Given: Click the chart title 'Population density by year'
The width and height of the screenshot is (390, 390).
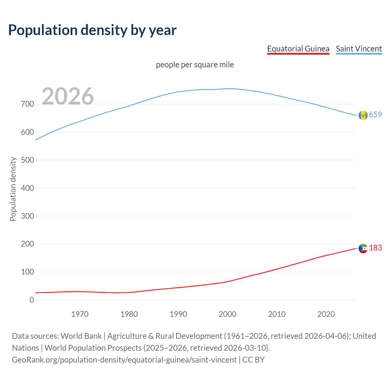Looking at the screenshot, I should click(x=92, y=30).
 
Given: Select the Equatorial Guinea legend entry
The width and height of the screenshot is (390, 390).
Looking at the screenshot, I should click(x=298, y=49).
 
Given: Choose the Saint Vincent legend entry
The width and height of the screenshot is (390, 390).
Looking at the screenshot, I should click(x=359, y=49).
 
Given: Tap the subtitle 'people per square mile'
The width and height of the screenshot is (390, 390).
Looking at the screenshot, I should click(x=195, y=65).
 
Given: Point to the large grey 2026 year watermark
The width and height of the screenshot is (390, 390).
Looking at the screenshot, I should click(x=68, y=96).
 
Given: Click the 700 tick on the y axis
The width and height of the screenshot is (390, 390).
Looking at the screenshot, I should click(x=27, y=104).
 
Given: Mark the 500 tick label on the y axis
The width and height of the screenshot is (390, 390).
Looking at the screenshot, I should click(x=27, y=160).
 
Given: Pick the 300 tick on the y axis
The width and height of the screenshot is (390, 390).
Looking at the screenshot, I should click(x=27, y=216).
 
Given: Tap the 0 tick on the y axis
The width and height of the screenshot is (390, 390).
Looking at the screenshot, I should click(x=32, y=300).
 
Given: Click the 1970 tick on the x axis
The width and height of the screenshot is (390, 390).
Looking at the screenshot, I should click(x=80, y=314).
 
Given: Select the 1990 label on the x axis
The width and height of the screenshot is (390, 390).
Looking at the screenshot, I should click(x=178, y=314).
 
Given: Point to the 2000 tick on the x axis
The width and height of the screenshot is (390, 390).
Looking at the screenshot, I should click(x=228, y=314).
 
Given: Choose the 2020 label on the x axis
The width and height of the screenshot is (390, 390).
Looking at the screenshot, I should click(x=326, y=314).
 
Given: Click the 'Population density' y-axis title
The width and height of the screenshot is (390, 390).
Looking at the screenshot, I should click(x=13, y=189).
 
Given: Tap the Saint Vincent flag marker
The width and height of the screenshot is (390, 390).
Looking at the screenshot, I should click(x=363, y=115).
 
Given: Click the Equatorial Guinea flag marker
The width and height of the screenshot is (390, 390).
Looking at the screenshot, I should click(x=363, y=249).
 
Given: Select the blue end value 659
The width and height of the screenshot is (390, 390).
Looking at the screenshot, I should click(x=375, y=115).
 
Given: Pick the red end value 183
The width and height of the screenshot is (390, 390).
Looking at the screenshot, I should click(x=375, y=248).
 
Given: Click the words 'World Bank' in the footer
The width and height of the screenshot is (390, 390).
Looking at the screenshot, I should click(x=81, y=336).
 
